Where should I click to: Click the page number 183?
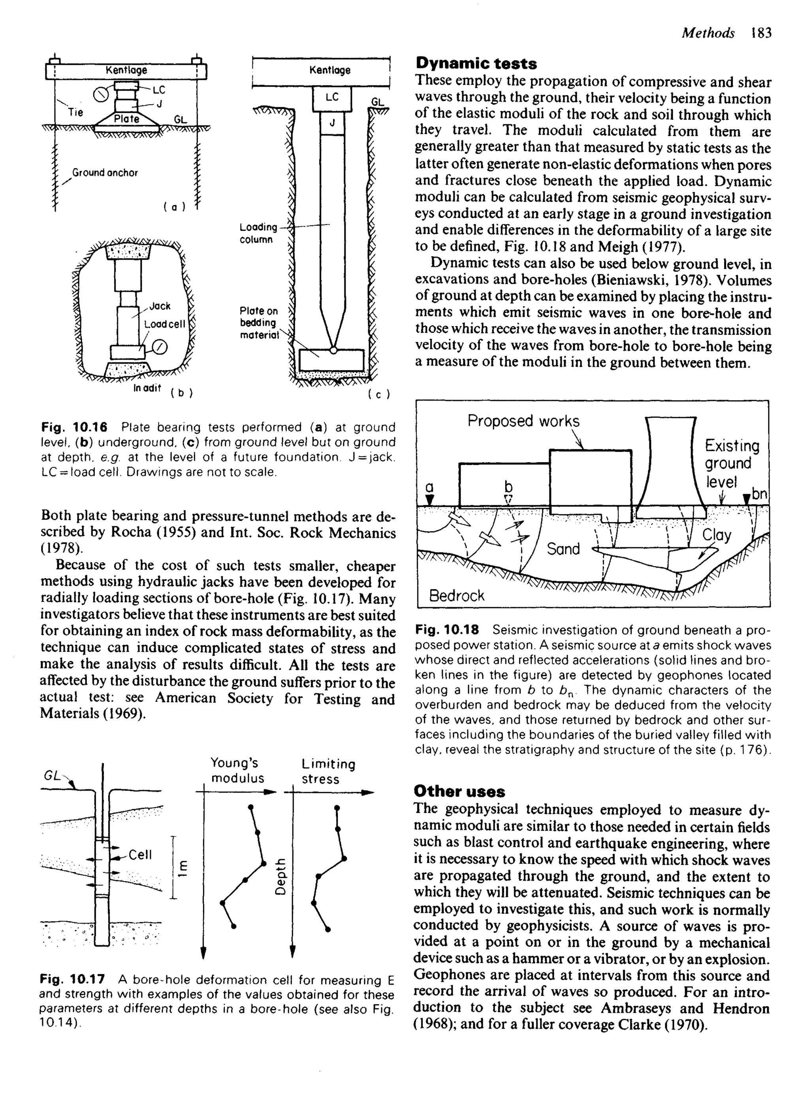(761, 33)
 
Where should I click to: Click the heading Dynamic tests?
(476, 64)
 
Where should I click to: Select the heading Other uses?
(459, 791)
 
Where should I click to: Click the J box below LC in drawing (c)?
(332, 123)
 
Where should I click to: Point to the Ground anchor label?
(105, 172)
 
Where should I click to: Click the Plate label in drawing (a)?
(126, 119)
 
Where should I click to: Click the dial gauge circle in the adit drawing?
(160, 348)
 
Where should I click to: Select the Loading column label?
(258, 233)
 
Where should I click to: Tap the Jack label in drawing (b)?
(160, 306)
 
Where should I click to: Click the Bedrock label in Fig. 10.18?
(456, 595)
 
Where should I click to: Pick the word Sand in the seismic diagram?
(563, 549)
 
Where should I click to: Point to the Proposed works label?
(523, 421)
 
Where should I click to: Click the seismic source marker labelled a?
(429, 499)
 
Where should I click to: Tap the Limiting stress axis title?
(328, 771)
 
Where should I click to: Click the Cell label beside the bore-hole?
(140, 854)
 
